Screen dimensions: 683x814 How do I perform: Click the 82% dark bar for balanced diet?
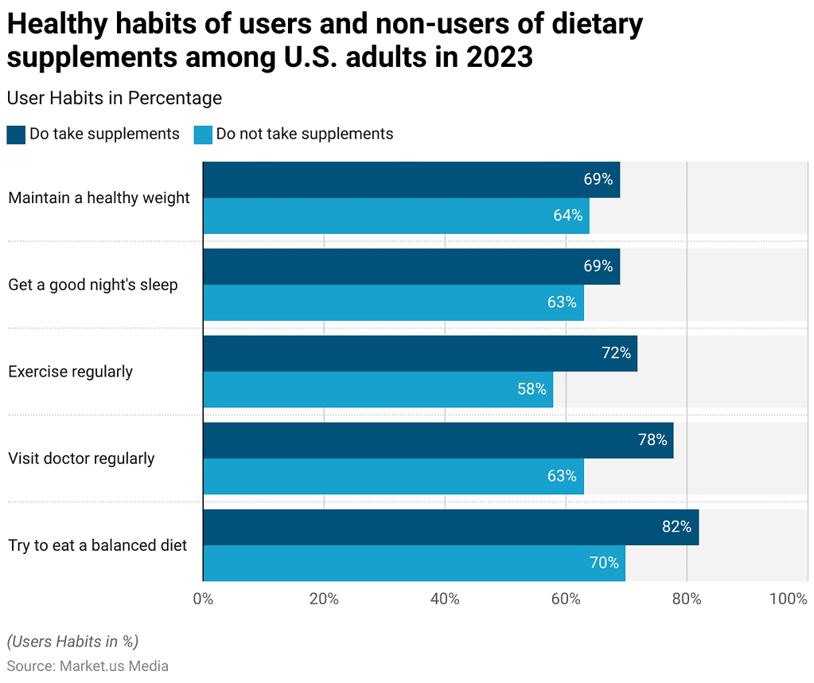point(450,527)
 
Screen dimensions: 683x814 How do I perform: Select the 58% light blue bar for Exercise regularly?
point(378,389)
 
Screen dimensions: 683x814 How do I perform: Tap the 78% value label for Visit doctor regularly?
point(652,439)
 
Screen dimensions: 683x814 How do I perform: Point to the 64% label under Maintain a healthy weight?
point(568,215)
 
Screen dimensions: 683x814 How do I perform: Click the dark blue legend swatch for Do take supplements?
point(16,134)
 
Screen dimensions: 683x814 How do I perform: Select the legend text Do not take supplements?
point(305,134)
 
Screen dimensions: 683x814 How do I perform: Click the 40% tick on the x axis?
point(445,599)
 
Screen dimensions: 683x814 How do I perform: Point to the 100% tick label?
point(789,599)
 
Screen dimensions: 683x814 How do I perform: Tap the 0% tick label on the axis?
point(203,599)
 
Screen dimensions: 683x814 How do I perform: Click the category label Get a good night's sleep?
point(93,284)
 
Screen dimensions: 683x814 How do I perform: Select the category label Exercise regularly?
point(71,372)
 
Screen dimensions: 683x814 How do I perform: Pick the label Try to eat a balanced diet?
point(98,545)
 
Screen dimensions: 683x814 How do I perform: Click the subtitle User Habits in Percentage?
point(114,98)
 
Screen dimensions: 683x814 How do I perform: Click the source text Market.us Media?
point(114,665)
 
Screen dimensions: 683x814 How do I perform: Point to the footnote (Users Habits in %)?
point(72,641)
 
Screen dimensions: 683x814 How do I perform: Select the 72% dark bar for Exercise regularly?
point(420,353)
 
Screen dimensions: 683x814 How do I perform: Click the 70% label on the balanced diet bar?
point(604,563)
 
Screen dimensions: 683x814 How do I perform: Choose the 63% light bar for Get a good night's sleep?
point(393,302)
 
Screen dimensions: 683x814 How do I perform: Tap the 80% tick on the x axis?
point(687,599)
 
